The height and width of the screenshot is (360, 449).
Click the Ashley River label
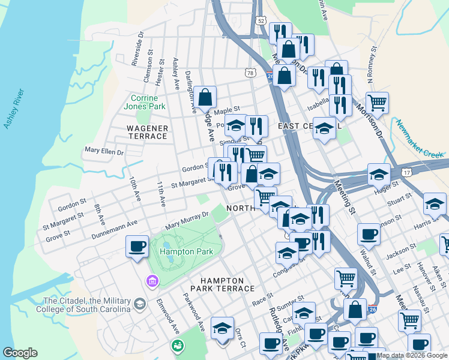14,109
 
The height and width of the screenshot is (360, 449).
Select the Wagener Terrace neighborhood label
147,132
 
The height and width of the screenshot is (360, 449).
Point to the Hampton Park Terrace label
222,284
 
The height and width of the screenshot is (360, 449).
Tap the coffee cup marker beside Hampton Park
137,246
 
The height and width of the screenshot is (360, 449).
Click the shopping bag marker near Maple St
205,98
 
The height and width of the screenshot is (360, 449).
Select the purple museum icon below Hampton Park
152,281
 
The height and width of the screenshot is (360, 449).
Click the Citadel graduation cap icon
140,304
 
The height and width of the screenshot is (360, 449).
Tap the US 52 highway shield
260,20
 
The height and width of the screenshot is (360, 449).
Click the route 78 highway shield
250,73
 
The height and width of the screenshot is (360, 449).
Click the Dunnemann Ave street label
114,230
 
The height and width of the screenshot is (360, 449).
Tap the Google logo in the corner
20,353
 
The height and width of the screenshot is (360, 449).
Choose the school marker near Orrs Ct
222,328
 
